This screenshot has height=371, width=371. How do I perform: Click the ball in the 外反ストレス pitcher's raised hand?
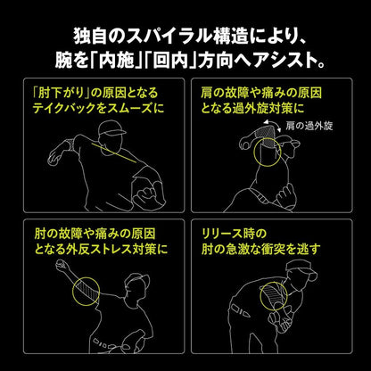(x=61, y=265)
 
